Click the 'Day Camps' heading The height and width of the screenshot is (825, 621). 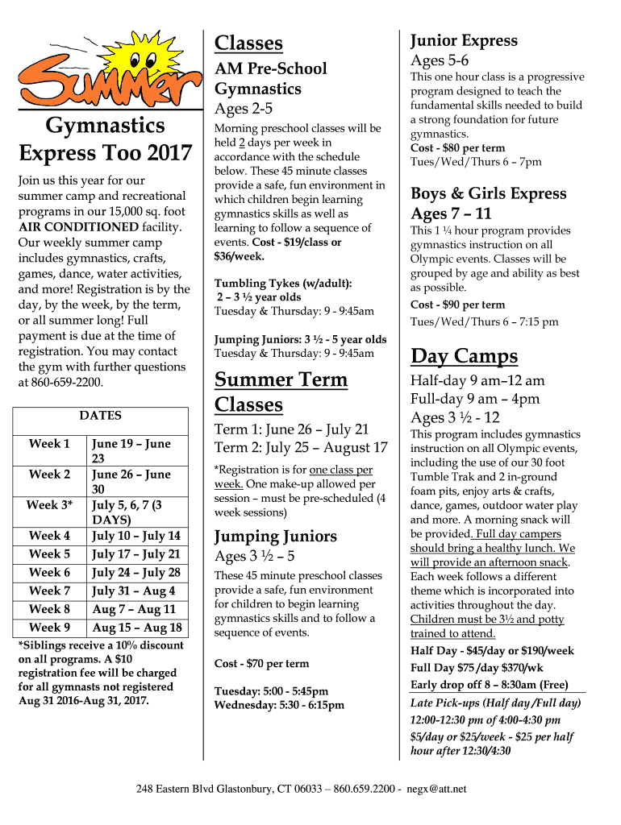464,356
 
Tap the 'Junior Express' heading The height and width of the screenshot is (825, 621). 464,40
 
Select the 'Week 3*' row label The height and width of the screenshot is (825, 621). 50,505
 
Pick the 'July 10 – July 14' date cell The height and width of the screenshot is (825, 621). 136,536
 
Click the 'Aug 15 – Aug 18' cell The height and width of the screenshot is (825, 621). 137,628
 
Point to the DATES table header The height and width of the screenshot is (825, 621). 101,416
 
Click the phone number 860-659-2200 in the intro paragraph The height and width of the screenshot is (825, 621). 68,382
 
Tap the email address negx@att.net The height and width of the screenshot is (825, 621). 436,788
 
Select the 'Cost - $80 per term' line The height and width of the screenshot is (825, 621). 457,148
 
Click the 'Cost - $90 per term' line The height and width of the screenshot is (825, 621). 457,305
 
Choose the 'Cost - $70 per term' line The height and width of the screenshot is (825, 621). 261,664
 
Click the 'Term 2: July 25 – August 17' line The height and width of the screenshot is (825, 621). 301,448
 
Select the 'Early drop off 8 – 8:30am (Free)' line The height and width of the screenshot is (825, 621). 489,685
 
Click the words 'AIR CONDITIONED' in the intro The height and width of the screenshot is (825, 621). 78,226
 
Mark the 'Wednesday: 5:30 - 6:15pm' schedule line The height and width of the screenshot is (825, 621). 279,705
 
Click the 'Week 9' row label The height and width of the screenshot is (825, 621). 50,628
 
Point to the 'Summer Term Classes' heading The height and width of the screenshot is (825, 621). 281,392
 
